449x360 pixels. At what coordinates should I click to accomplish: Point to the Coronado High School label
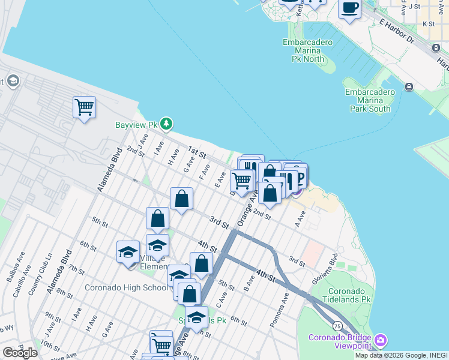pyautogui.click(x=126, y=287)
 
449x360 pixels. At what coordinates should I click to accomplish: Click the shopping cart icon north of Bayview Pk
pyautogui.click(x=84, y=107)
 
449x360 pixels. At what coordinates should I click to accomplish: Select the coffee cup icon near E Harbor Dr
pyautogui.click(x=349, y=8)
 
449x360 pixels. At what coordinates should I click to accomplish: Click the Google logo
pyautogui.click(x=20, y=352)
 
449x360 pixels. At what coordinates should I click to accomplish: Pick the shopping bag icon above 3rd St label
pyautogui.click(x=181, y=199)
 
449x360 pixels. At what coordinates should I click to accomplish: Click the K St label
pyautogui.click(x=428, y=24)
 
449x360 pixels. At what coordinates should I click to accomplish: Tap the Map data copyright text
pyautogui.click(x=401, y=355)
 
